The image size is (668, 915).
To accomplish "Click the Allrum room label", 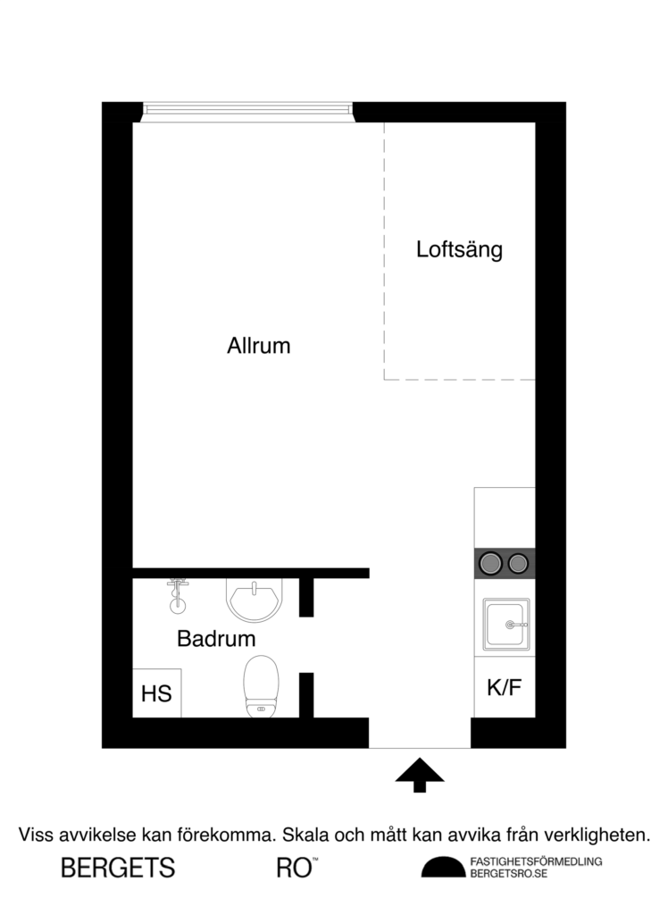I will (259, 346).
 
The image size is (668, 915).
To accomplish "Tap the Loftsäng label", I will (459, 249).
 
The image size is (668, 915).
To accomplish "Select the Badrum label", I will (216, 640).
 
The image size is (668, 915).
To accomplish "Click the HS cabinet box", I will (157, 693).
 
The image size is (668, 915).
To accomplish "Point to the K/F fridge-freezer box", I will (504, 688).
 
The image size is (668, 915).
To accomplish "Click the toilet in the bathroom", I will (261, 686).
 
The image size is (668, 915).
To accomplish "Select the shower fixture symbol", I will (179, 593).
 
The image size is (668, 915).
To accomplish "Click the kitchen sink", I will (505, 624).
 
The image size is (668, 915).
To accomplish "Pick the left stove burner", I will (489, 563).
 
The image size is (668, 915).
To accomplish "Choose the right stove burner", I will (518, 563).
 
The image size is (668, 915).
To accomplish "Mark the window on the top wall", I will (248, 111).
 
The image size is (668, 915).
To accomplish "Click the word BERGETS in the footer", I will (117, 868).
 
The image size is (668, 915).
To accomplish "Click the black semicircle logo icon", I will (443, 868).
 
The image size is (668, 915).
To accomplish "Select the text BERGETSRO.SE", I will (508, 874).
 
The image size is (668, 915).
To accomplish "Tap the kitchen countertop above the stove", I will (505, 516).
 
